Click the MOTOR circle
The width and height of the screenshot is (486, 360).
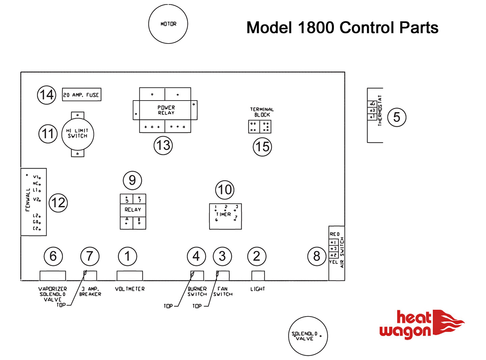click(x=168, y=24)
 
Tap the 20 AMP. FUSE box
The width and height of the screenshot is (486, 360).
click(x=82, y=95)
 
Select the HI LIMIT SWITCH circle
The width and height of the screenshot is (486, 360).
click(x=78, y=134)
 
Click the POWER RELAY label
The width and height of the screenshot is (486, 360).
click(x=166, y=110)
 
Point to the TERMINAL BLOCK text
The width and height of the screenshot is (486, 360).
click(x=262, y=112)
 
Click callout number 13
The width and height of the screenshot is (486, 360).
click(x=163, y=145)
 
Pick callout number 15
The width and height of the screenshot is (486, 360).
click(x=263, y=147)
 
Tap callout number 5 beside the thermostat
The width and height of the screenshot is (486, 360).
click(x=397, y=117)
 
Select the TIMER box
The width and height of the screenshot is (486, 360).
click(x=225, y=216)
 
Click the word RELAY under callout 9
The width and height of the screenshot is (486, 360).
click(x=133, y=210)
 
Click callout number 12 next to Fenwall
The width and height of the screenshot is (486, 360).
click(x=58, y=203)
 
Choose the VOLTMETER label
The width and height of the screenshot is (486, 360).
click(x=130, y=289)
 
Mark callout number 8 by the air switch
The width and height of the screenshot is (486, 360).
click(x=317, y=256)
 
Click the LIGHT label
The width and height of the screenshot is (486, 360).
click(x=258, y=289)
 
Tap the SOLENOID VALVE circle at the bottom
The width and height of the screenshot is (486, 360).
click(x=308, y=336)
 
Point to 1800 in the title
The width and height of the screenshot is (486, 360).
click(x=316, y=28)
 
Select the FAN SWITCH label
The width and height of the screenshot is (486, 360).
click(x=223, y=292)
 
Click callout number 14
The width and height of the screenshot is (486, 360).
click(x=47, y=95)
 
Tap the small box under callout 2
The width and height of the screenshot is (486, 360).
click(x=258, y=276)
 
